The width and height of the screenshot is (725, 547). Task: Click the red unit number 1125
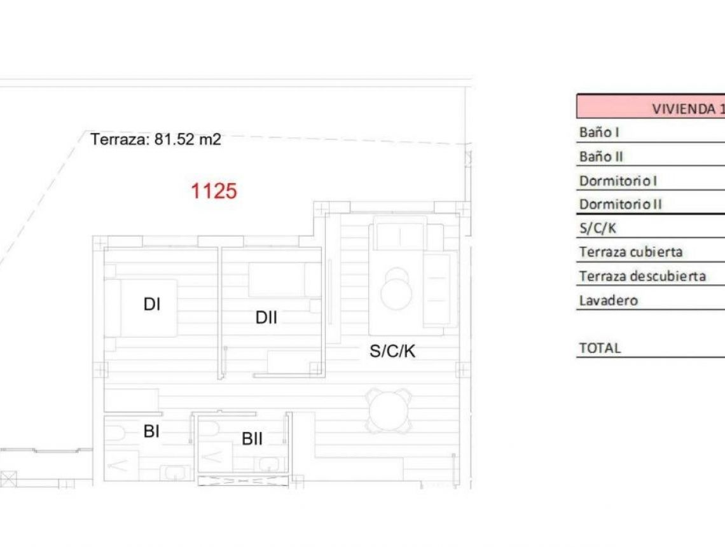(214, 191)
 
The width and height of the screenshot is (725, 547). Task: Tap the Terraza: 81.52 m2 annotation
(156, 139)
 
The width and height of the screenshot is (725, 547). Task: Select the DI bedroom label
(151, 305)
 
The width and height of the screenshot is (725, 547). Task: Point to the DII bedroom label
(266, 317)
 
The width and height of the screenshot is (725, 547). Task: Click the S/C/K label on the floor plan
(392, 350)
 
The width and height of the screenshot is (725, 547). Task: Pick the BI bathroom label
(151, 431)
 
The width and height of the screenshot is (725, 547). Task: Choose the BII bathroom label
(252, 438)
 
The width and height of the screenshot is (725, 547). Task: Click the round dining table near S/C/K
(389, 410)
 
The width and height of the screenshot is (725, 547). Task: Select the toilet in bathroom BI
(115, 434)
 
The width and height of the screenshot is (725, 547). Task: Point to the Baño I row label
(599, 132)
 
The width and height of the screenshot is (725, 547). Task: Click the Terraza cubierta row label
(631, 252)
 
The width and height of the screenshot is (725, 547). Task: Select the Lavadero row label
(608, 300)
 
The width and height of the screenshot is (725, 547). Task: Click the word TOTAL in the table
(600, 348)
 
